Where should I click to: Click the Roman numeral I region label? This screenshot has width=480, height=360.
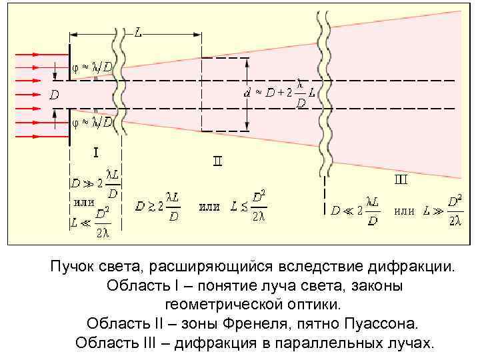(x=95, y=153)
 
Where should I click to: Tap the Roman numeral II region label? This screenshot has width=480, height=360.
(x=217, y=162)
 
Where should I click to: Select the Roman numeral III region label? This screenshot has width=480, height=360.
(x=401, y=179)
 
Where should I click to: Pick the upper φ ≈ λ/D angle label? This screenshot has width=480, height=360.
(x=92, y=67)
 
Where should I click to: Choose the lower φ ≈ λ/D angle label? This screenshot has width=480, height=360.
(x=92, y=122)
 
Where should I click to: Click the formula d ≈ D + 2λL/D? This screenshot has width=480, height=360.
(x=279, y=95)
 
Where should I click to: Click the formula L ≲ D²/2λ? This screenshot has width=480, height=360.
(x=249, y=207)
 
